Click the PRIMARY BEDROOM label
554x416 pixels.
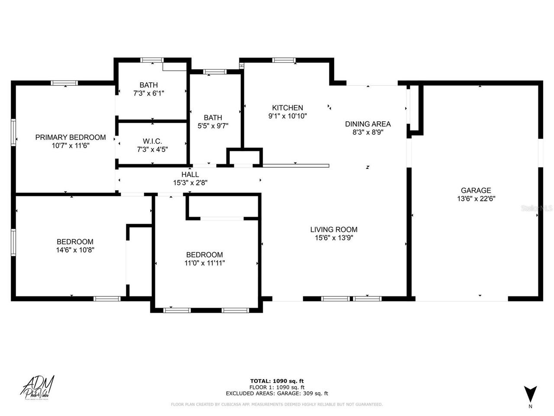coord(70,137)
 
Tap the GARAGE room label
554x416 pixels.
coord(476,190)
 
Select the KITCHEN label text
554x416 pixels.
coord(287,108)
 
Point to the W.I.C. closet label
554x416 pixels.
coord(152,141)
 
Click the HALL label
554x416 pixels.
coord(190,175)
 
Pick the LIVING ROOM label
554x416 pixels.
coord(334,230)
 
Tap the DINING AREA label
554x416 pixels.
coord(367,124)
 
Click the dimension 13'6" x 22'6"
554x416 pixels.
coord(476,199)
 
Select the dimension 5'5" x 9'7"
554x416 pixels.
coord(213,126)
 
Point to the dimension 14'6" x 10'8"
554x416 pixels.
coord(75,250)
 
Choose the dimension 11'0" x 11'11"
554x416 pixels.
coord(204,263)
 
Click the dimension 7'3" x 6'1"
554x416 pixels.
coord(148,93)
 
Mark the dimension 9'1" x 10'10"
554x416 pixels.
coord(287,116)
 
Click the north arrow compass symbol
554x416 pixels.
coord(530,393)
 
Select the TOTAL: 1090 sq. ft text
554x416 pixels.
coord(277,381)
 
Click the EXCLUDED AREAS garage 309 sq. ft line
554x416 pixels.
coord(277,393)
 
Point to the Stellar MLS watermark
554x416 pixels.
coord(537,208)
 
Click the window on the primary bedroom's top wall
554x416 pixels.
coord(64,83)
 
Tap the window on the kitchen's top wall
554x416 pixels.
coord(284,60)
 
